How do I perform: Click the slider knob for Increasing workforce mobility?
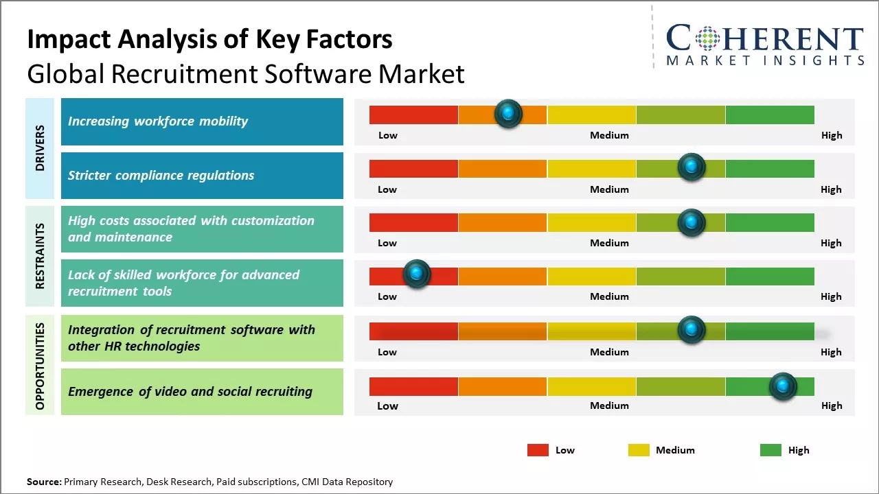[x=508, y=113]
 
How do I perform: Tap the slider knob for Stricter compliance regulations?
[x=691, y=167]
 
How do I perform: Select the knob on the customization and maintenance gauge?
[x=691, y=222]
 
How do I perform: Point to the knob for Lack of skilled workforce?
[x=415, y=274]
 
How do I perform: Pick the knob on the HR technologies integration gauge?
[x=691, y=330]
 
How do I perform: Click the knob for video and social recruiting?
[x=782, y=386]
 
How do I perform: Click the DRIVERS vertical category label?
[x=40, y=148]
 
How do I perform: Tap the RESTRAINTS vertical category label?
[x=40, y=256]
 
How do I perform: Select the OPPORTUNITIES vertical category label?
[x=40, y=366]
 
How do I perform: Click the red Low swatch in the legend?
[x=538, y=450]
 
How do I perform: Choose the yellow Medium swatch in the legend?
[x=639, y=450]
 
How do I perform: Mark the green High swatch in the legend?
[x=770, y=450]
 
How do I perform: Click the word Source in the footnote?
[x=44, y=482]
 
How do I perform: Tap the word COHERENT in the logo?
[x=765, y=38]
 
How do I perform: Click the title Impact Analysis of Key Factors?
[x=209, y=39]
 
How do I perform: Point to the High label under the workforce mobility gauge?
[x=832, y=135]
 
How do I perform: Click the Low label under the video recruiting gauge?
[x=387, y=405]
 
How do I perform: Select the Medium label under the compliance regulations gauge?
[x=609, y=189]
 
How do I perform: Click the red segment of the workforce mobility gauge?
[x=413, y=115]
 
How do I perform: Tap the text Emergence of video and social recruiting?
[x=190, y=392]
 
